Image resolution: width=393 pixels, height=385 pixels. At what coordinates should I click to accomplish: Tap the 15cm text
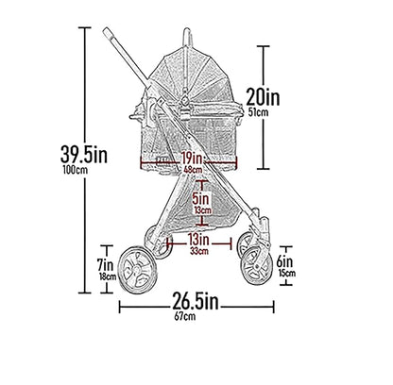click(x=287, y=274)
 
